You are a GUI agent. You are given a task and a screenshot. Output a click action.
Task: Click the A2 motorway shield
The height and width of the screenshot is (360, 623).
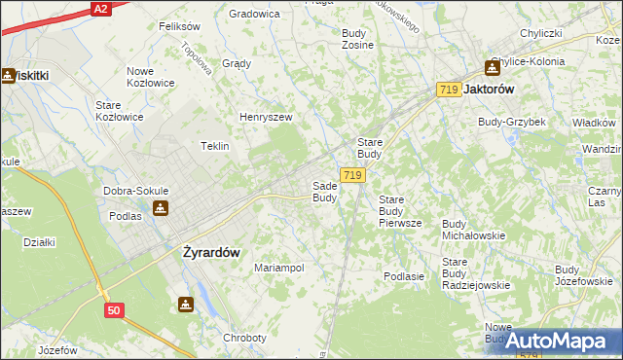point(99,8)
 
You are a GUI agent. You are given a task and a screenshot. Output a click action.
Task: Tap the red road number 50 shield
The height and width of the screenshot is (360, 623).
point(115,310)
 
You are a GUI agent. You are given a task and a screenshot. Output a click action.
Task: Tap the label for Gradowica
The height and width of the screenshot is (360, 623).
point(254,14)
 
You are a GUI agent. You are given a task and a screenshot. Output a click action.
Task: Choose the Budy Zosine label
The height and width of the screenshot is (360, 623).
point(357,39)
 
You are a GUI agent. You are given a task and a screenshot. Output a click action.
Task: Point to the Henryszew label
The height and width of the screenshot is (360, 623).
point(267,118)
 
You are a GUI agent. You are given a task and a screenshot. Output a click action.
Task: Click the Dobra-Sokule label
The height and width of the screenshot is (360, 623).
point(136,191)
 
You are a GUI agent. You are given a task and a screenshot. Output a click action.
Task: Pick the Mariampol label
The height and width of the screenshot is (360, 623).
point(279,268)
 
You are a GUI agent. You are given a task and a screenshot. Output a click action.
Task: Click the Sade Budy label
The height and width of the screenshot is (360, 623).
point(324,192)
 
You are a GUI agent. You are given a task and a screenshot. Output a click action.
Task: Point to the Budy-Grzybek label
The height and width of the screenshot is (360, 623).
point(511,122)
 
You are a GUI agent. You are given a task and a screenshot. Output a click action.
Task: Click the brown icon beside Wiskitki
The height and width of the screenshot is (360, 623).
point(8,75)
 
